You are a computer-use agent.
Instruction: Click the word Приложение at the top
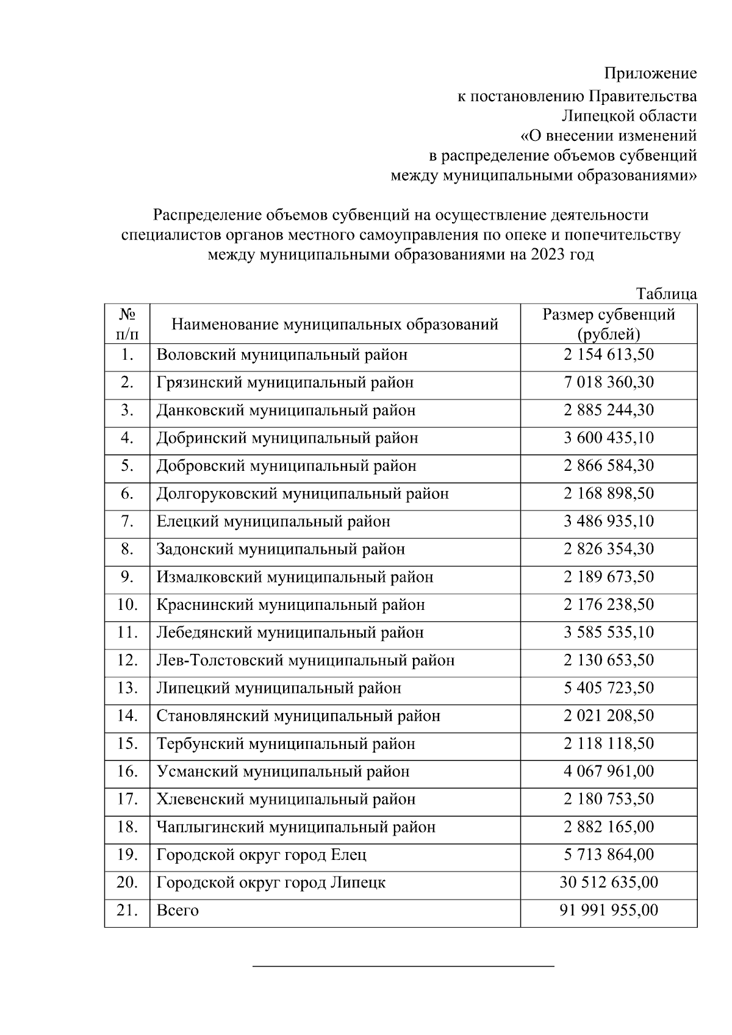pos(650,74)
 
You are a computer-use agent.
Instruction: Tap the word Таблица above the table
pos(666,294)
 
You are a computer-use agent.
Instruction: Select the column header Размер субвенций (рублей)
pos(608,324)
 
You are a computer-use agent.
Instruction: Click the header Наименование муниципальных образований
pos(334,324)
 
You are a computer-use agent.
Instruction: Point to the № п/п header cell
pos(127,324)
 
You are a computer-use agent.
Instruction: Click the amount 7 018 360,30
pos(608,382)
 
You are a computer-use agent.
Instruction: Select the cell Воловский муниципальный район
pos(282,355)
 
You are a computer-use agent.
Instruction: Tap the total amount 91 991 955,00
pos(608,911)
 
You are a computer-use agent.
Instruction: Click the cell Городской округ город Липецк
pos(271,883)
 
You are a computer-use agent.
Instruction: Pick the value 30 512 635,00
pos(608,883)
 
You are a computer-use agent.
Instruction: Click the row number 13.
pos(127,688)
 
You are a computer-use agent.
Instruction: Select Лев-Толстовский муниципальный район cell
pos(305,661)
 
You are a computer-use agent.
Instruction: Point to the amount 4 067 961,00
pos(608,772)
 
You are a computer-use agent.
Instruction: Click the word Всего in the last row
pos(178,911)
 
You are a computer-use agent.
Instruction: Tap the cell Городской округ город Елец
pos(261,855)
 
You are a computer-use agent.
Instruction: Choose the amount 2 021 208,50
pos(608,716)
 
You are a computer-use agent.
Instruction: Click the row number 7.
pos(127,521)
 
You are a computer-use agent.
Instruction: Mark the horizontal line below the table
pos(403,966)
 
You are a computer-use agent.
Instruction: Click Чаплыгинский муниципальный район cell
pos(296,827)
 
